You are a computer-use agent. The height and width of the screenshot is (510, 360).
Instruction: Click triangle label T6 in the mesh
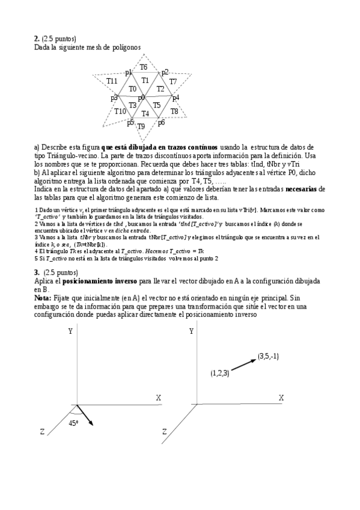(x=144, y=67)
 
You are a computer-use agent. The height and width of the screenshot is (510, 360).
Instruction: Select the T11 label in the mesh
(x=112, y=81)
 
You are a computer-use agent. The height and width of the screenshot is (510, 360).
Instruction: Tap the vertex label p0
(x=142, y=98)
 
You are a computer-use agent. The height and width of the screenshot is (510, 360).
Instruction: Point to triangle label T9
(x=141, y=126)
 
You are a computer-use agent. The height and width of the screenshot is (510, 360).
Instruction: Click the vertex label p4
(x=175, y=97)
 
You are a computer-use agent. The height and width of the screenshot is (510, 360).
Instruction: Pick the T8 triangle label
(x=174, y=111)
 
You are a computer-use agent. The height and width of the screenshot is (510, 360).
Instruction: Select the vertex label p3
(x=114, y=98)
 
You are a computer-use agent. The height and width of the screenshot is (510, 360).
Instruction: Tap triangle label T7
(x=173, y=81)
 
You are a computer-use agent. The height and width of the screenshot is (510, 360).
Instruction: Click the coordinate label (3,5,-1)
(x=269, y=356)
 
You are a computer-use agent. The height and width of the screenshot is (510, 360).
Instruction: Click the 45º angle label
(x=73, y=423)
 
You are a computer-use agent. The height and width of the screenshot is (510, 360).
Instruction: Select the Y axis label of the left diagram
(x=70, y=331)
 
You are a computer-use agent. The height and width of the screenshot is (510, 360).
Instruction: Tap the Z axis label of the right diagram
(x=163, y=431)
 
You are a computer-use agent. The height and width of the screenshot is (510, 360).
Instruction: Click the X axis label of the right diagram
(x=281, y=398)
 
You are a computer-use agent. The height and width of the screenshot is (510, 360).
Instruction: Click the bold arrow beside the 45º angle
(x=85, y=416)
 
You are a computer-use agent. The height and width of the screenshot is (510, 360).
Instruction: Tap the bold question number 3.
(x=36, y=272)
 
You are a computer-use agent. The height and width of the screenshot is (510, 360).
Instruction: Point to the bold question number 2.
(x=36, y=38)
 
